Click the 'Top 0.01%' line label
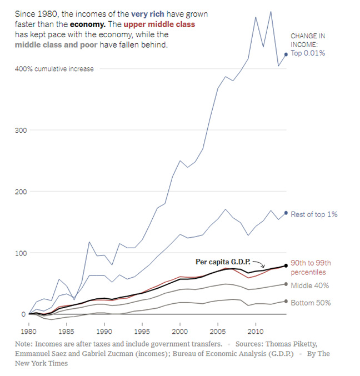click(308, 53)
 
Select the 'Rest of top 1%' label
click(314, 214)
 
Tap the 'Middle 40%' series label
click(310, 285)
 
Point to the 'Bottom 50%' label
click(311, 303)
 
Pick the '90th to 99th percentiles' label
click(311, 268)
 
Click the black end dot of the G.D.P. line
click(286, 265)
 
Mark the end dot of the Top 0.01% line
click(286, 54)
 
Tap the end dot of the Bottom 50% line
click(286, 302)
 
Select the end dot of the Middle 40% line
click(286, 284)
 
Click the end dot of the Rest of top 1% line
click(286, 213)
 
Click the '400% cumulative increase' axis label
click(54, 69)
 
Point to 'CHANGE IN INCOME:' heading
click(307, 40)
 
